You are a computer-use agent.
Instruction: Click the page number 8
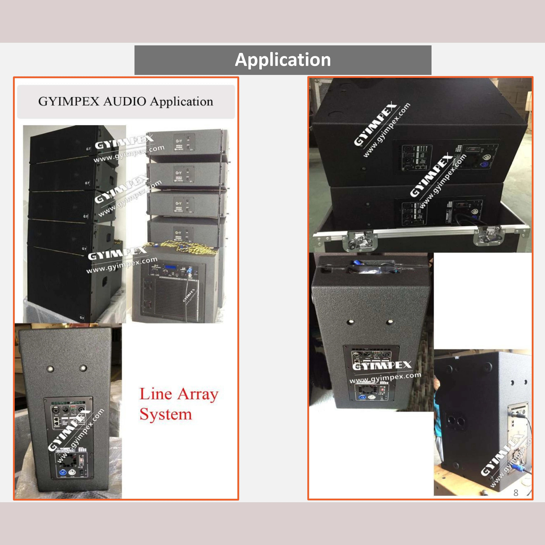pos(516,492)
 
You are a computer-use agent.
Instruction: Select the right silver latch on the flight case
pos(487,235)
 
